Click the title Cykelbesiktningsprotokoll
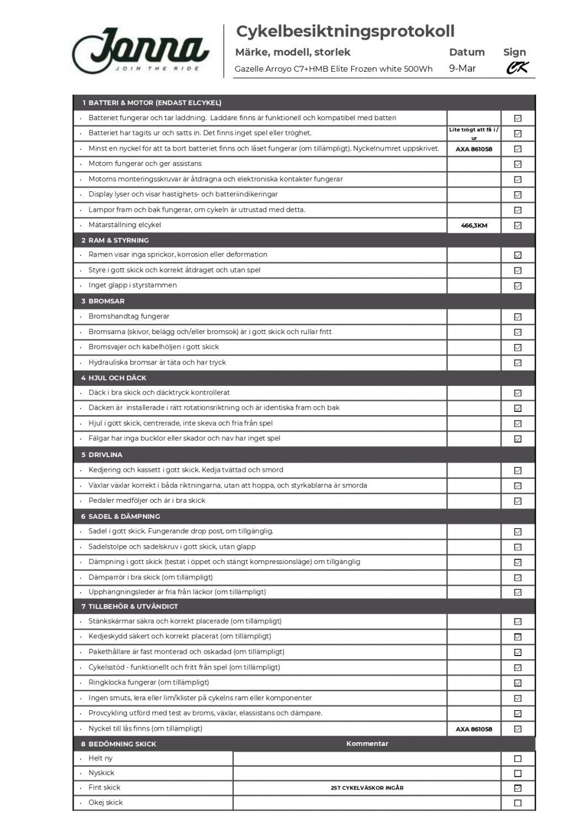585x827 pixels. (x=345, y=31)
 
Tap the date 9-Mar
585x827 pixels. (x=462, y=68)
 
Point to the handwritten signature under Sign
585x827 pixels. (x=517, y=68)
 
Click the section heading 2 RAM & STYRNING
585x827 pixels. (x=115, y=240)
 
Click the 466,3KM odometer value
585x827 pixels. (x=474, y=225)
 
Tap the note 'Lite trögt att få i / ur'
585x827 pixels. (x=474, y=133)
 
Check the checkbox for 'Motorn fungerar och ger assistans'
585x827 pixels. (x=517, y=164)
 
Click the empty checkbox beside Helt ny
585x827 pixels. (x=517, y=759)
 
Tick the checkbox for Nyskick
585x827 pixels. (x=517, y=774)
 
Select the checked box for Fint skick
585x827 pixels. (x=517, y=788)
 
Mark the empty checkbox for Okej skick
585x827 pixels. (x=517, y=803)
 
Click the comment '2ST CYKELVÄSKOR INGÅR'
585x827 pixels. (x=367, y=788)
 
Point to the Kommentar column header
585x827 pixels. (x=367, y=744)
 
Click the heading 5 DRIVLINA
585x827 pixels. (x=102, y=455)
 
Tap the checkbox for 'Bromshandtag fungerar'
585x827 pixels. (x=517, y=317)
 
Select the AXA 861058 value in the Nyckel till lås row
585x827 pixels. (x=474, y=729)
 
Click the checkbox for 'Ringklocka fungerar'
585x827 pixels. (x=517, y=683)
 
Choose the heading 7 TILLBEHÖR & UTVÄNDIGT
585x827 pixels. (x=130, y=606)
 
